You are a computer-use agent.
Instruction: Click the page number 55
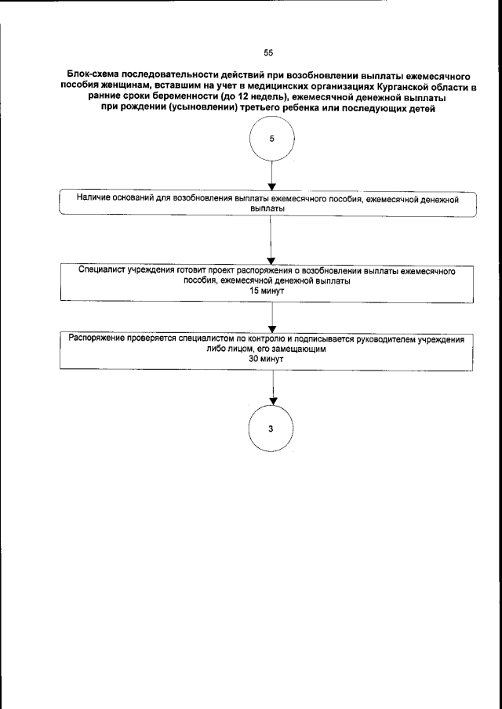click(x=268, y=53)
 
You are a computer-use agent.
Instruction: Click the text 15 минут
click(x=267, y=290)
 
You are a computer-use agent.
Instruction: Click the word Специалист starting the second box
click(x=104, y=269)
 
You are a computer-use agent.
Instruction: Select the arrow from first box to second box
click(x=271, y=241)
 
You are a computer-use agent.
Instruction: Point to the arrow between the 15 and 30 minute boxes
click(x=271, y=315)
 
